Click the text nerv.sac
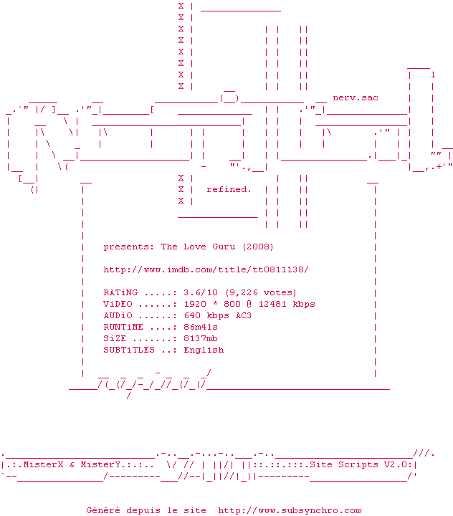[356, 97]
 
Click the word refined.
[229, 189]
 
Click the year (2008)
[258, 247]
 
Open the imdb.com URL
[206, 269]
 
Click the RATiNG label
[120, 292]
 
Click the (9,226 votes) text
[261, 292]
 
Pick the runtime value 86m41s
[201, 327]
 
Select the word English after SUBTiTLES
[204, 350]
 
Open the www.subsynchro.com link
[290, 510]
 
